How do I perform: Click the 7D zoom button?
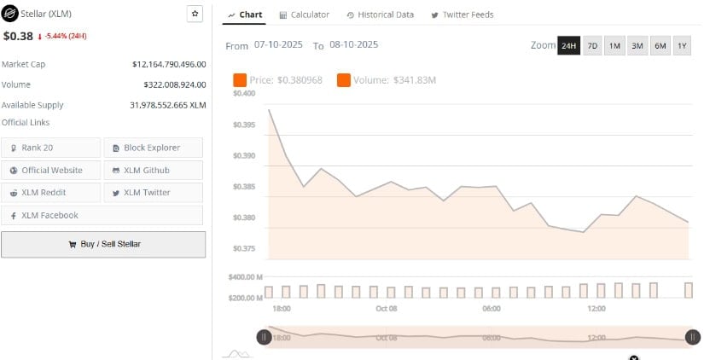(591, 46)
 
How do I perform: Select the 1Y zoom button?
(682, 46)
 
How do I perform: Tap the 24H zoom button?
(568, 46)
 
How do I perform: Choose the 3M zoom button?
(637, 46)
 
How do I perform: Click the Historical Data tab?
(381, 15)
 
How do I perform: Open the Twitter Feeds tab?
(462, 15)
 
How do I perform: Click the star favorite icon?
(195, 15)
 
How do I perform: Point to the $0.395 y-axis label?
(243, 125)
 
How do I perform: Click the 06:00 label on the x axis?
(492, 308)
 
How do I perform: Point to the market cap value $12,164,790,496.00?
(169, 64)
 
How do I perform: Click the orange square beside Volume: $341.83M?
(344, 80)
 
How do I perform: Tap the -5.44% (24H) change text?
(65, 37)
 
